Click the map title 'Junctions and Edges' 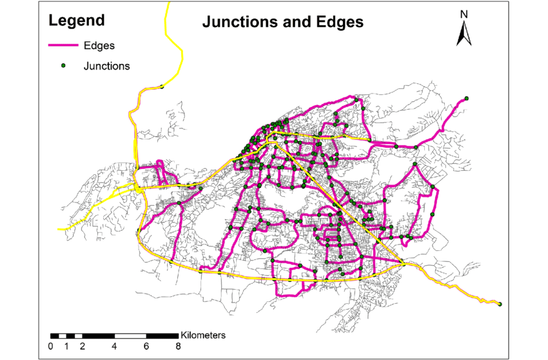283,22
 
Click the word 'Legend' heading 77,21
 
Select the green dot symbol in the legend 63,65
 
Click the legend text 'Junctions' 106,65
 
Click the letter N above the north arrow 463,14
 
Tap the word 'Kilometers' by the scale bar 203,335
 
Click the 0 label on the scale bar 51,346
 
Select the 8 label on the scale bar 178,346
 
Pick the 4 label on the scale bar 114,346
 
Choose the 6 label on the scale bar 146,346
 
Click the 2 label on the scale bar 83,346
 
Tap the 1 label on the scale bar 66,346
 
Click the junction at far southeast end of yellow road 500,304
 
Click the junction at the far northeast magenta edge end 466,98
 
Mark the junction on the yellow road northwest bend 162,87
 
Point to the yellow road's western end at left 59,228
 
